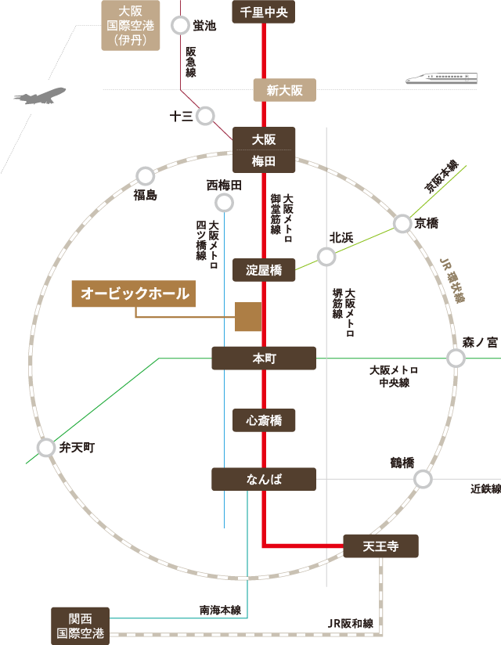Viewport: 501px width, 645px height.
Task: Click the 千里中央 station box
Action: (x=264, y=12)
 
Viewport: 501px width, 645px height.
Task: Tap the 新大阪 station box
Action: (x=284, y=90)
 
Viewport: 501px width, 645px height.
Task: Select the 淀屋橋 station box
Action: (x=264, y=271)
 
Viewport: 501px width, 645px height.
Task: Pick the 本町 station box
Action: (x=264, y=359)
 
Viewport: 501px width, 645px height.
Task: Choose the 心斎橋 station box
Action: (x=264, y=420)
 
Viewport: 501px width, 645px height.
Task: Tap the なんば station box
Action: (x=264, y=479)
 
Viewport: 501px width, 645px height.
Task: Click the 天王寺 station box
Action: (x=380, y=546)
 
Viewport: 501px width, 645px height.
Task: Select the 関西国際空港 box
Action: (x=80, y=625)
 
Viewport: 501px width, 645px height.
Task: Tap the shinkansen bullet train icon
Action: (x=442, y=78)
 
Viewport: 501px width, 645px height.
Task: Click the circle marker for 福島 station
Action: (x=145, y=176)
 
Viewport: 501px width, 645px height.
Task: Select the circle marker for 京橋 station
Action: (x=402, y=224)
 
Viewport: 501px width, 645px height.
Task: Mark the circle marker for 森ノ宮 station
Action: (x=456, y=358)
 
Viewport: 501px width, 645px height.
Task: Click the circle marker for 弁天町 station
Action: (x=45, y=448)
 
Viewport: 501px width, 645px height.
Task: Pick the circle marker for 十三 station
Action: (x=205, y=116)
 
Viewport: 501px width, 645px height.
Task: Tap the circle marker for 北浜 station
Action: (x=326, y=256)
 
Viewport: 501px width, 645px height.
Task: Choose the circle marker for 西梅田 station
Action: (x=225, y=204)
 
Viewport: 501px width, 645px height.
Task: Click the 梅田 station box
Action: (x=264, y=162)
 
